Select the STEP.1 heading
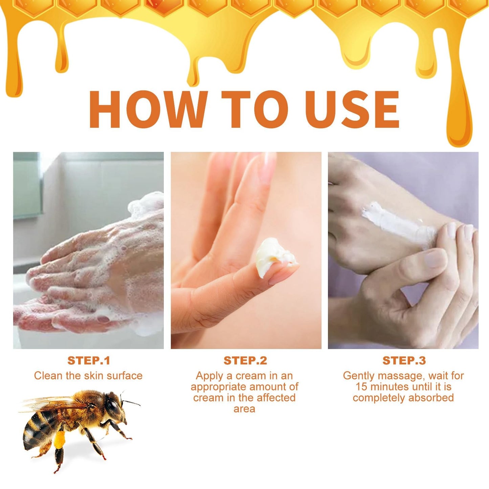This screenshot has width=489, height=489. [x=89, y=361]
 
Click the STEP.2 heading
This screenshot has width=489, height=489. [x=245, y=361]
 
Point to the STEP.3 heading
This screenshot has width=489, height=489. [x=404, y=361]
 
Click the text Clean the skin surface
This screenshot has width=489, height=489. [x=88, y=376]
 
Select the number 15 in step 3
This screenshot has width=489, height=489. [x=361, y=386]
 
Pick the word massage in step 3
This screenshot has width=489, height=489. [x=400, y=376]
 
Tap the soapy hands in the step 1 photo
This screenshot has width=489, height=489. [x=95, y=271]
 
